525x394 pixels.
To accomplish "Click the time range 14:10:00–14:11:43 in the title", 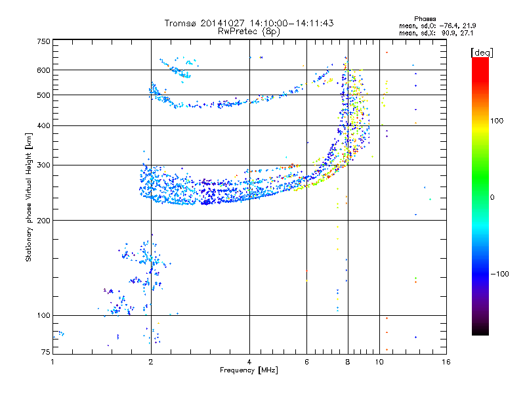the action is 291,24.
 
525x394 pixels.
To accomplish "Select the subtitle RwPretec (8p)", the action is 249,32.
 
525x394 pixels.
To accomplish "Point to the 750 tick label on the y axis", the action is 43,41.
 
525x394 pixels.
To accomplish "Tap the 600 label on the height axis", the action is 43,70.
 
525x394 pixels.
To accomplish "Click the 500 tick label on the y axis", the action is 43,95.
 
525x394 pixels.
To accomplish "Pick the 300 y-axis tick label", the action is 43,165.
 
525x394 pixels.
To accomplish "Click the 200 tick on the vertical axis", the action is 43,221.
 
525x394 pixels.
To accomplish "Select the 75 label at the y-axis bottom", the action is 46,352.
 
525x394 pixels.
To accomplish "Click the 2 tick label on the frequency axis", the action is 151,362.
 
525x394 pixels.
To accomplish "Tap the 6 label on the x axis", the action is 306,362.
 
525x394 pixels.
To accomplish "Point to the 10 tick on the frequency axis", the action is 379,362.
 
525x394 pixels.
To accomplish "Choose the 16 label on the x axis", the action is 446,362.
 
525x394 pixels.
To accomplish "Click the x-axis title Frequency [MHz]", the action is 249,370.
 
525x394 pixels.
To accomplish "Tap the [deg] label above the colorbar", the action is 482,53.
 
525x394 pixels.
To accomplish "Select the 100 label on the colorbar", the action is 497,121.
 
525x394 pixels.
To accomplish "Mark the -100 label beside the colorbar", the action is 500,274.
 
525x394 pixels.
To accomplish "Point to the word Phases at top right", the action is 425,19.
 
